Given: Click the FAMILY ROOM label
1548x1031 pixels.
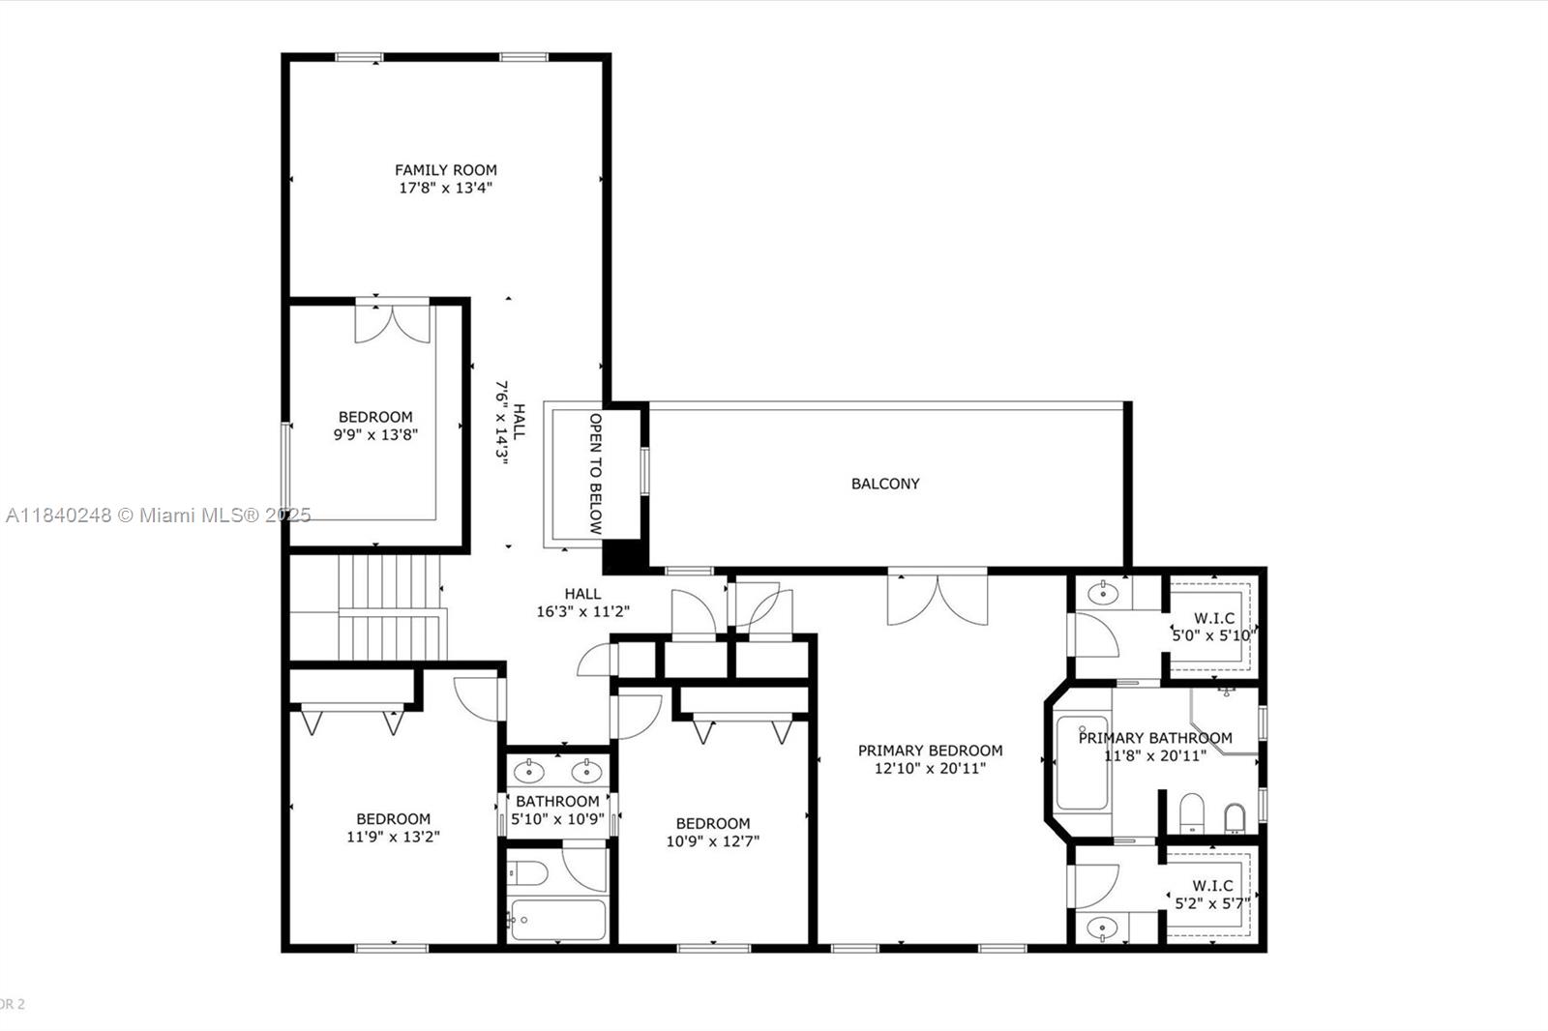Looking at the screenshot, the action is [446, 170].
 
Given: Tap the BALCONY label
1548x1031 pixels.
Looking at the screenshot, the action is [885, 484].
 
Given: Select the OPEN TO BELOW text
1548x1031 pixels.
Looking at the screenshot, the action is [596, 473].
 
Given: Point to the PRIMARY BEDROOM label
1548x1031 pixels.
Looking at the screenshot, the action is [930, 751].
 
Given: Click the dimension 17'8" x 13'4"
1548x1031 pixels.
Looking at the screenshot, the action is [446, 188].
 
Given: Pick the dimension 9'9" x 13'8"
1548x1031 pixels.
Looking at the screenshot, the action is [376, 434].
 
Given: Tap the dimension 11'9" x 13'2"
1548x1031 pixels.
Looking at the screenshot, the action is [393, 837].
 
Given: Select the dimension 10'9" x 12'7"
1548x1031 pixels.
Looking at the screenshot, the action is [713, 841].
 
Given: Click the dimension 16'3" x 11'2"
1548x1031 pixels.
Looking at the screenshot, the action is [583, 611].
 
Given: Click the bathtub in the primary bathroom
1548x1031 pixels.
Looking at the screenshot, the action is [1083, 763].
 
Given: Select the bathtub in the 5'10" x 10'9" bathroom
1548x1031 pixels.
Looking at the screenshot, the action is [558, 920].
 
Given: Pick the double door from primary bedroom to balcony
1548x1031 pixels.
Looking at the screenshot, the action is [938, 598].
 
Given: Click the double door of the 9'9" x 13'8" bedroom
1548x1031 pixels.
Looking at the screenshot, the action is [393, 321].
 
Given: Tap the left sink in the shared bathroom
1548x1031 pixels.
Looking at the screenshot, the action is [529, 771].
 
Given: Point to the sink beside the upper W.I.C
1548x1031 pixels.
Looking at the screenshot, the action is [1103, 592].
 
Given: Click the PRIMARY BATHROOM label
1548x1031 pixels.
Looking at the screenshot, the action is [1155, 738].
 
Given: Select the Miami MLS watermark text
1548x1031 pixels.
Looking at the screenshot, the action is [159, 515].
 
